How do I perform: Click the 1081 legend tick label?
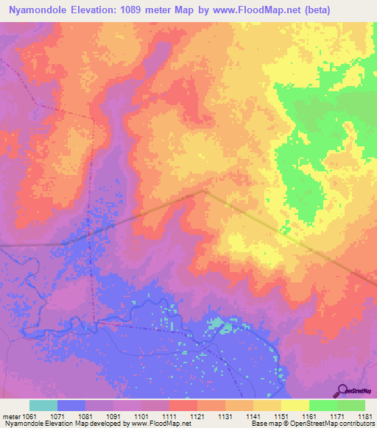(85, 416)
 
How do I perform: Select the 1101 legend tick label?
(141, 416)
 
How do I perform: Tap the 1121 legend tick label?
(197, 416)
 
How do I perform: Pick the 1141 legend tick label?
(253, 416)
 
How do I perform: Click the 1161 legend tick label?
(309, 416)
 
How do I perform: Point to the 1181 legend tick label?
(363, 416)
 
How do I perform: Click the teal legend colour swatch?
(43, 405)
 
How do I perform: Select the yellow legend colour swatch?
(295, 405)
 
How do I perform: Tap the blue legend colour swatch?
(71, 405)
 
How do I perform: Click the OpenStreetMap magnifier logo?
(341, 390)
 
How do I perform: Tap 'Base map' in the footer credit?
(263, 424)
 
